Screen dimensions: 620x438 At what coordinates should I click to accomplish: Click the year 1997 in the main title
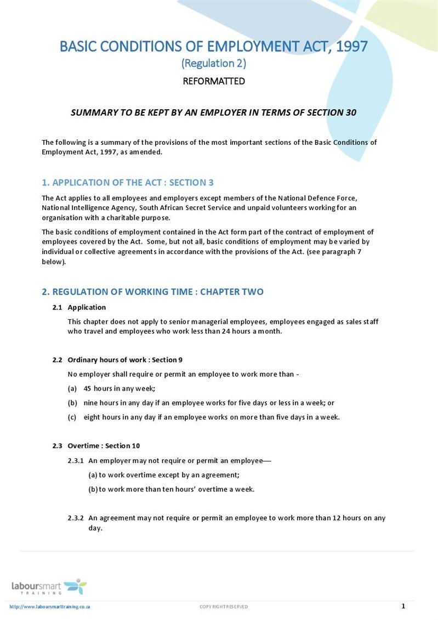pos(352,46)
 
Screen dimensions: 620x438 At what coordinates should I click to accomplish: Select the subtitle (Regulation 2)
pos(214,64)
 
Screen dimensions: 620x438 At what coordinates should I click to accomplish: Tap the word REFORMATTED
pos(214,82)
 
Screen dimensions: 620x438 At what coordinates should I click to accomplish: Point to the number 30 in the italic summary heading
pos(351,112)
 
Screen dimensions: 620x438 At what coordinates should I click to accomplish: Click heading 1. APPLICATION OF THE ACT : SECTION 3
pos(128,183)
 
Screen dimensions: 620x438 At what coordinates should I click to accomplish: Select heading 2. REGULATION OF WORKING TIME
pos(152,292)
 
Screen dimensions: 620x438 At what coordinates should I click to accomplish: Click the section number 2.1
pos(57,307)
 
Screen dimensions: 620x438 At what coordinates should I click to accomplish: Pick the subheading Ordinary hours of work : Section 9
pos(125,360)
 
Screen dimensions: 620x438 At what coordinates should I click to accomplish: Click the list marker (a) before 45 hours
pos(72,388)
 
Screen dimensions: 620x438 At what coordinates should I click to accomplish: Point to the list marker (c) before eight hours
pos(72,417)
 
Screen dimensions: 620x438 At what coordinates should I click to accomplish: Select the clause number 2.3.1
pos(76,461)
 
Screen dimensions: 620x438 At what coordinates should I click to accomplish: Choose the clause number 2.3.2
pos(76,518)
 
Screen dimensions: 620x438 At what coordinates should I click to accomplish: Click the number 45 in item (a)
pos(88,388)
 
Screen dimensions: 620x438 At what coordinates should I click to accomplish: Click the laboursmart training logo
pos(49,587)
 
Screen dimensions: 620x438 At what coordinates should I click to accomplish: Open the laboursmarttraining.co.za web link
pos(50,607)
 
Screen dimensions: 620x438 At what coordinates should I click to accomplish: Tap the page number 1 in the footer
pos(403,606)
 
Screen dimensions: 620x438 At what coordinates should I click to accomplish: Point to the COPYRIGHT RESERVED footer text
pos(224,607)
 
